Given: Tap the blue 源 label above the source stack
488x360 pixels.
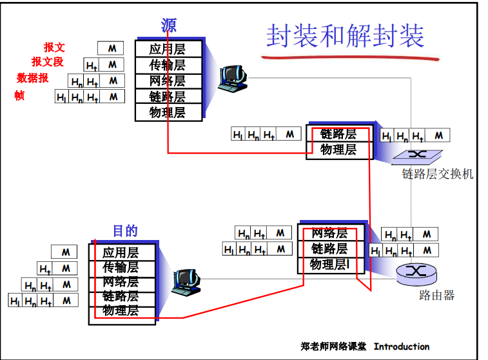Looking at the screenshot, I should (168, 26).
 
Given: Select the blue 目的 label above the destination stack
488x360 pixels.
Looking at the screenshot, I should (125, 231).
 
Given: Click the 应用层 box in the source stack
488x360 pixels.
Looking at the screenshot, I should (168, 49).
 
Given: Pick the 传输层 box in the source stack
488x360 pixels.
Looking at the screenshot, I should (168, 65).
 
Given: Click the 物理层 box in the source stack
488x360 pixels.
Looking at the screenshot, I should (168, 112).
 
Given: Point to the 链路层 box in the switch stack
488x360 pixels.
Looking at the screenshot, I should (338, 134).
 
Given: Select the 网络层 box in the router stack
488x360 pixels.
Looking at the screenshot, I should (329, 233).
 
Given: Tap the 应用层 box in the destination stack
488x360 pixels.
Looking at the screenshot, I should (121, 252).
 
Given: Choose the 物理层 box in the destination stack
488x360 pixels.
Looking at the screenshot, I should (121, 310).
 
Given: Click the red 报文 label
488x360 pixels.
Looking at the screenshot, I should (54, 48).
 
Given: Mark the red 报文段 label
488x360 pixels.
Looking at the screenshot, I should (48, 62).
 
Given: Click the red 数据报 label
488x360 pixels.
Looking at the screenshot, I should (33, 79).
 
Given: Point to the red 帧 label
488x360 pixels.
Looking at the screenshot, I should (19, 96).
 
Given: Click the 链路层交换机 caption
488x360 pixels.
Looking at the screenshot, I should (438, 174).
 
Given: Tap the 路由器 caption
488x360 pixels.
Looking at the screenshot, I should (436, 295).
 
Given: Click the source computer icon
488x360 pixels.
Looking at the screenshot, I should (231, 77).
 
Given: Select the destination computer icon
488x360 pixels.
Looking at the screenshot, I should (187, 281).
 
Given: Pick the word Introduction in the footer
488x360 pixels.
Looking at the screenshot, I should (401, 346).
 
